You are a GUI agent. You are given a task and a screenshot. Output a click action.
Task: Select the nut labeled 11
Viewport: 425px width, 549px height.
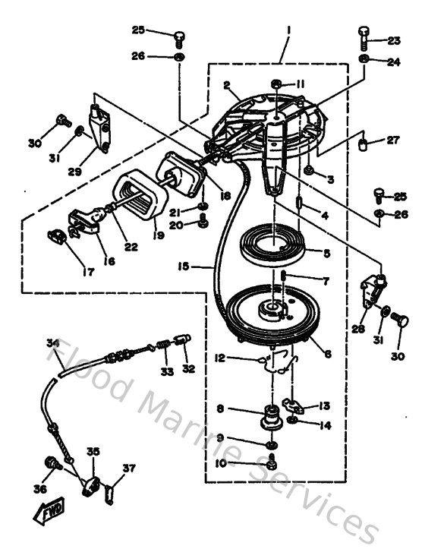tap(276, 83)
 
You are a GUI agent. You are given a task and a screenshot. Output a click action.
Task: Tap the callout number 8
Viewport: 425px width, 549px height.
tap(219, 409)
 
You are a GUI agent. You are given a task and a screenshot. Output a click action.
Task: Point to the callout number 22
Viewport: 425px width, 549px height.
tap(131, 246)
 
